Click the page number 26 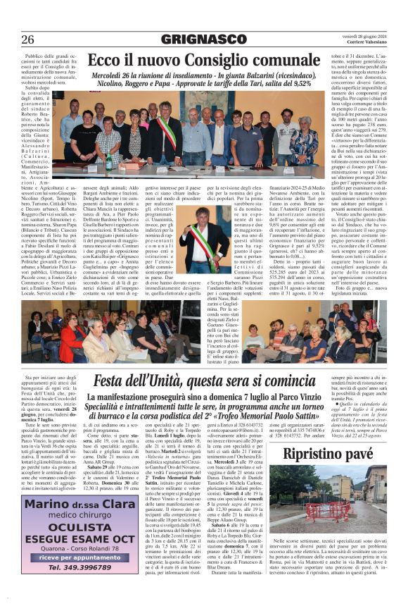click(29, 37)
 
